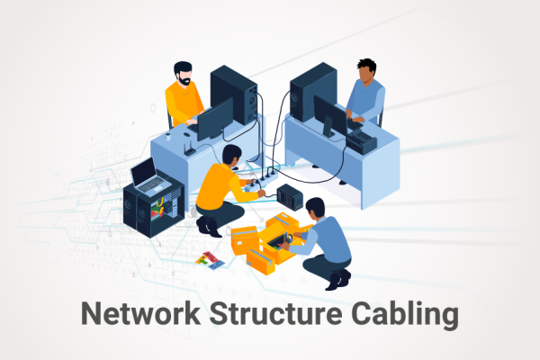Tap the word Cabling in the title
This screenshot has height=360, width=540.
click(400, 315)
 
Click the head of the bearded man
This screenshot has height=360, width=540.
click(183, 72)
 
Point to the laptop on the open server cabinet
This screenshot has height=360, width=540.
click(148, 175)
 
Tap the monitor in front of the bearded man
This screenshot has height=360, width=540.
click(214, 119)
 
